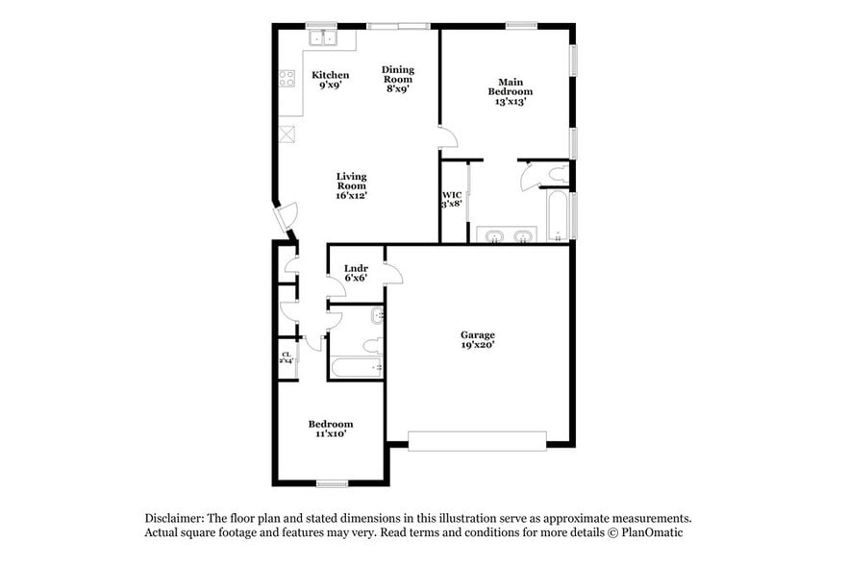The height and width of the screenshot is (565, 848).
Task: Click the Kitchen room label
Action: pos(330,80)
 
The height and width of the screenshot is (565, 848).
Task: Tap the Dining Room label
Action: pos(397,79)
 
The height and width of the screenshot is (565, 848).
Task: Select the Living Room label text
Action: pos(351,185)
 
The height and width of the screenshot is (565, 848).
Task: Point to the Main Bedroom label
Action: pos(510,91)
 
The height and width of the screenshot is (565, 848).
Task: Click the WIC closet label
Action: pos(452,199)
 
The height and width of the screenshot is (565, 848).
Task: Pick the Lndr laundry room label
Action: pos(356,273)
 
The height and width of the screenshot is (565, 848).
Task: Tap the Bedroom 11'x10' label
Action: pos(330,429)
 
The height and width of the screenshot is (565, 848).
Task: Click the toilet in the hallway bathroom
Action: pos(376,344)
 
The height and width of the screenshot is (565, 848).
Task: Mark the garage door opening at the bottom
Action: pos(477,441)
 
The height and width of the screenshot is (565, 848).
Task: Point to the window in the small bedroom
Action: pos(332,483)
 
